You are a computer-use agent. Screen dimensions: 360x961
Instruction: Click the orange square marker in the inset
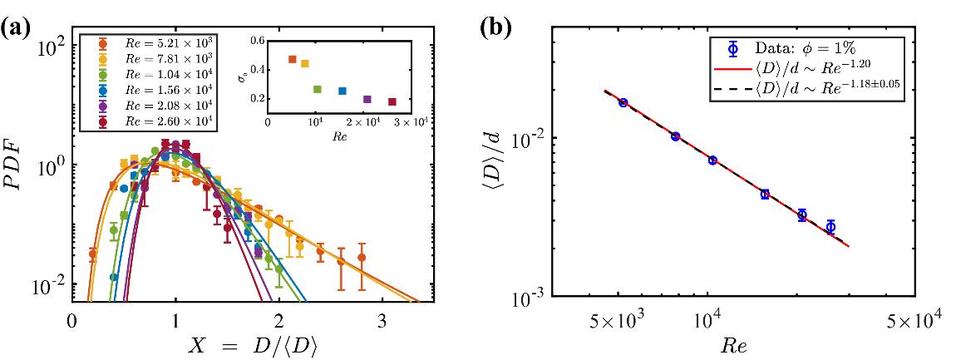click(292, 59)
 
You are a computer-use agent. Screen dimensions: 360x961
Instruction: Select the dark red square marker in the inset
click(392, 102)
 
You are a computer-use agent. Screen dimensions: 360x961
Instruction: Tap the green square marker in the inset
click(317, 89)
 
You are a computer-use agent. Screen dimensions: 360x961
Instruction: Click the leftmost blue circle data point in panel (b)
click(623, 102)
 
